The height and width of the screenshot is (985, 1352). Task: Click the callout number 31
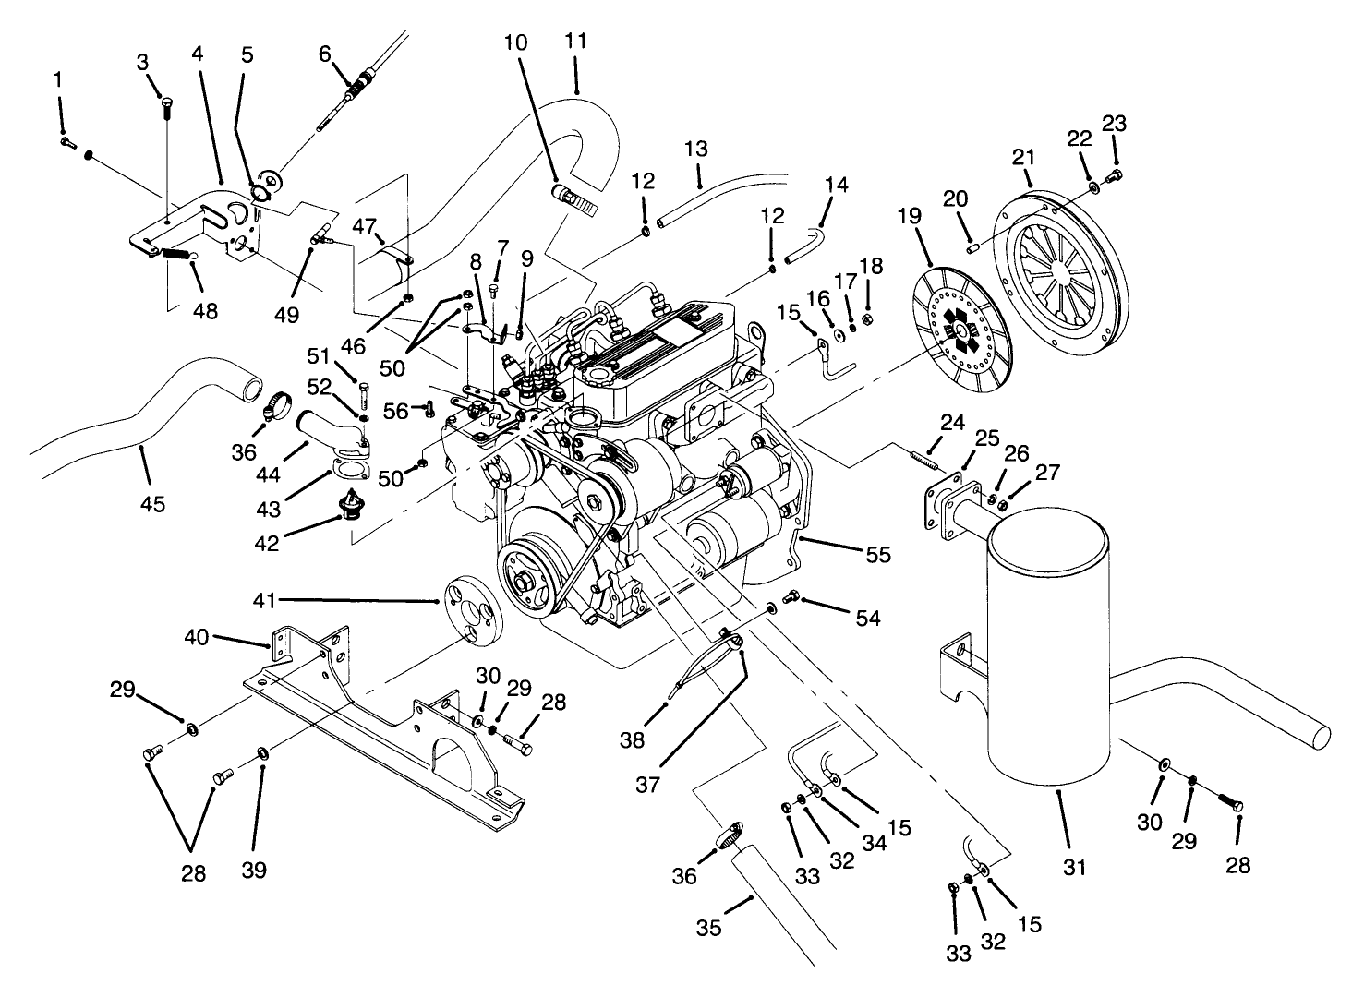pyautogui.click(x=1075, y=867)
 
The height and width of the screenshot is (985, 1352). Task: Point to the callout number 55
pyautogui.click(x=878, y=554)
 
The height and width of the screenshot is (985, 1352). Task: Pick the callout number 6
pyautogui.click(x=324, y=54)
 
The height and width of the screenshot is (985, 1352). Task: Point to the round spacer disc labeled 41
pyautogui.click(x=471, y=607)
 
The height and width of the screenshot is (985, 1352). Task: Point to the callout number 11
pyautogui.click(x=576, y=42)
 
